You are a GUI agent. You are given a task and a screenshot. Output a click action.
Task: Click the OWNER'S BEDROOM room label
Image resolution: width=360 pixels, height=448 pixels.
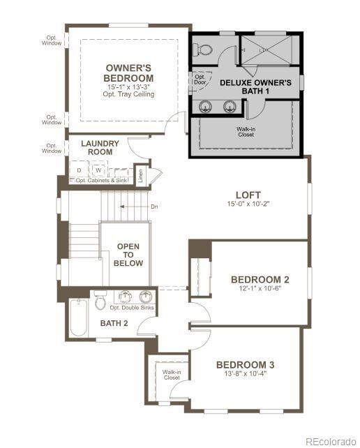pyautogui.click(x=129, y=73)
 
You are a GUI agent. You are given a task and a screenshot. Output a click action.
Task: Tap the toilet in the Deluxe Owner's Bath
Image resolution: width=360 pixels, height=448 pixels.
pyautogui.click(x=203, y=49)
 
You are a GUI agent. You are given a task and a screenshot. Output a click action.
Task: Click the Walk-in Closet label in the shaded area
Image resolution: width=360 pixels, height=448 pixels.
pyautogui.click(x=246, y=131)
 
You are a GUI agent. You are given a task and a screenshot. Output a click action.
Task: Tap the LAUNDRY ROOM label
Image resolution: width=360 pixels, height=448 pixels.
pyautogui.click(x=100, y=147)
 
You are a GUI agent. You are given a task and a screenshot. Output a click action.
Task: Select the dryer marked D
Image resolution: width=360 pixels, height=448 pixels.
pyautogui.click(x=79, y=170)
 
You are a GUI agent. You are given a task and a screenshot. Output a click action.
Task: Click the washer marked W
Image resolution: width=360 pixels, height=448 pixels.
pyautogui.click(x=98, y=170)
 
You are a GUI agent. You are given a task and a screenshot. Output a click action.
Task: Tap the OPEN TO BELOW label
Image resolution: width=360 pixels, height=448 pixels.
pyautogui.click(x=129, y=255)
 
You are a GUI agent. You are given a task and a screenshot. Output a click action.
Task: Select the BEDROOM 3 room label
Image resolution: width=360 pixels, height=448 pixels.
pyautogui.click(x=245, y=364)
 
